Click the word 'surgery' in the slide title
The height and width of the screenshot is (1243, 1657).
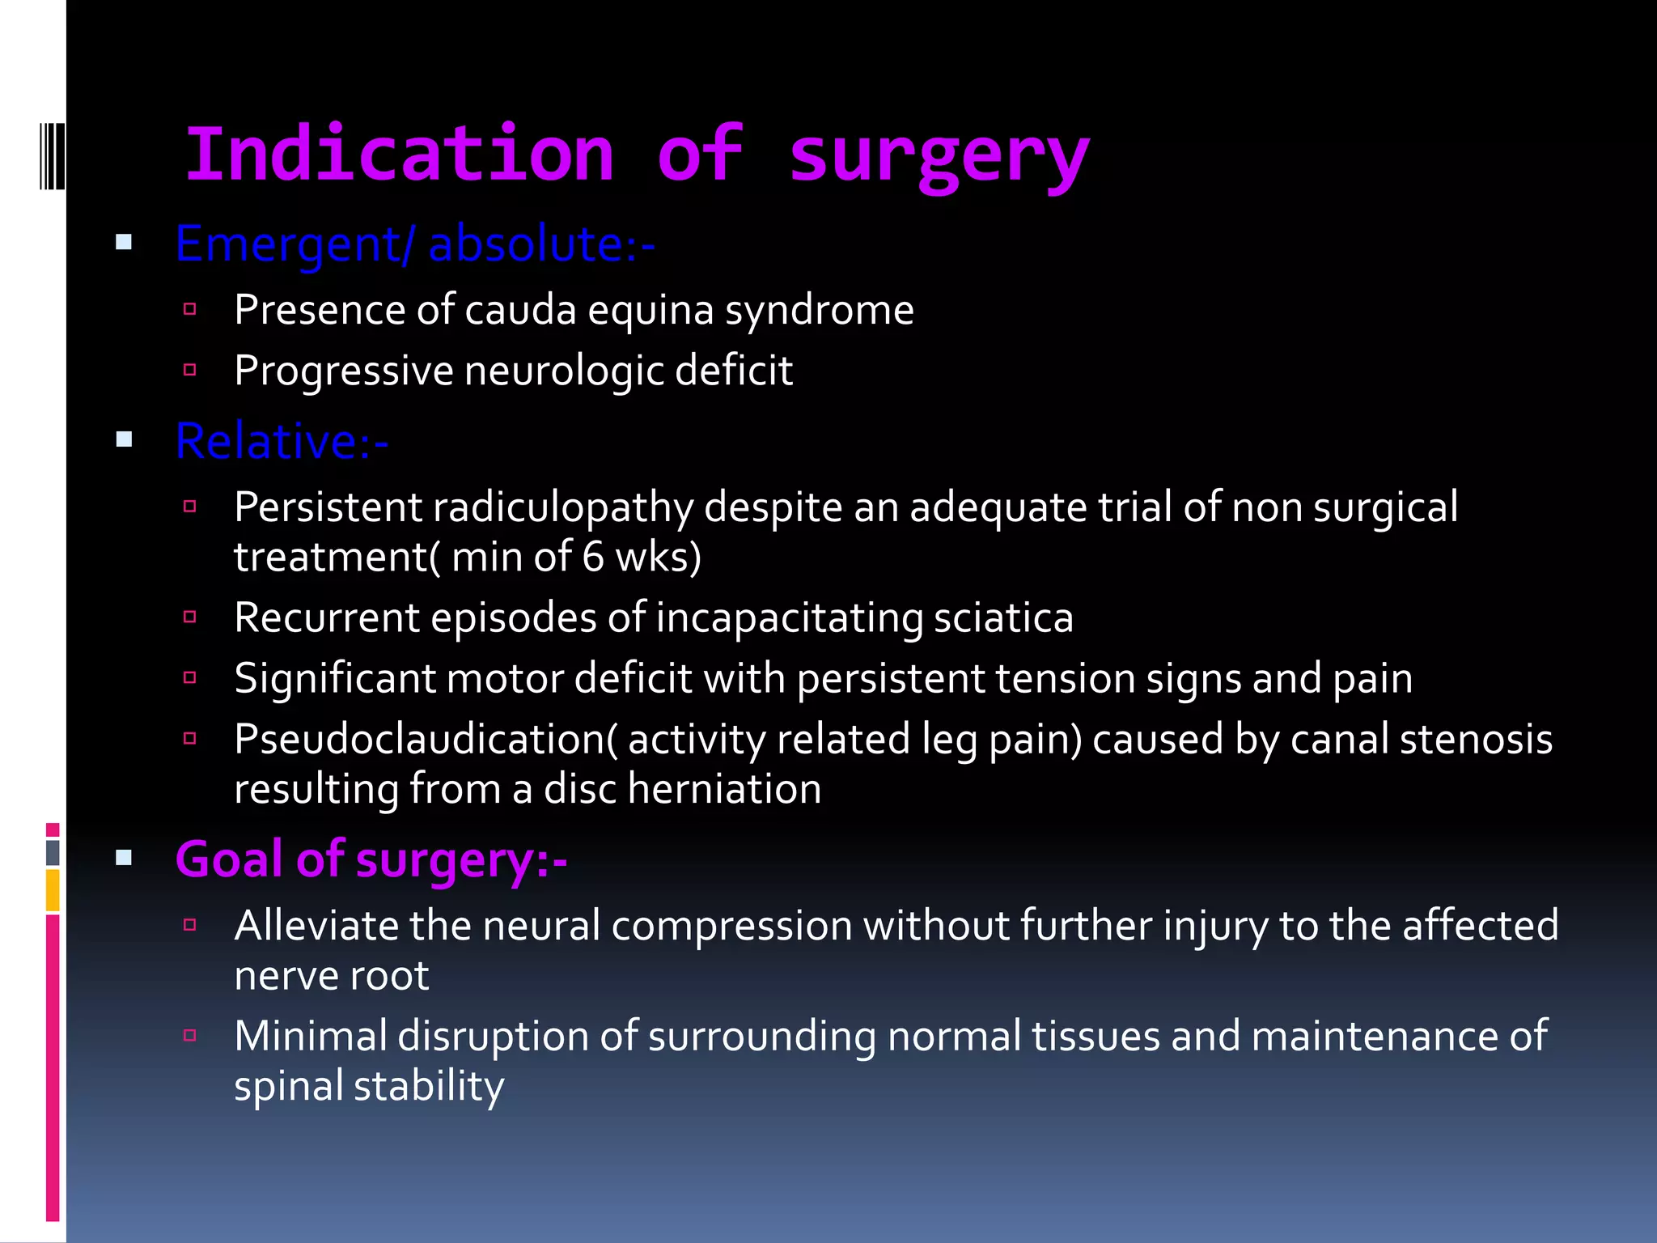pyautogui.click(x=939, y=158)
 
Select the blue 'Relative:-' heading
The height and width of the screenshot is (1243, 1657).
pyautogui.click(x=282, y=442)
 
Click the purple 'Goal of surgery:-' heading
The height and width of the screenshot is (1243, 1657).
pyautogui.click(x=371, y=859)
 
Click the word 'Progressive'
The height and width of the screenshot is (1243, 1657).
pyautogui.click(x=344, y=371)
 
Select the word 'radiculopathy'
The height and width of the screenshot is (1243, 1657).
pyautogui.click(x=563, y=508)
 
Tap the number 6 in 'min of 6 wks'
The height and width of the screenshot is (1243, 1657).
pyautogui.click(x=593, y=558)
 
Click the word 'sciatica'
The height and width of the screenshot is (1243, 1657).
pyautogui.click(x=1003, y=618)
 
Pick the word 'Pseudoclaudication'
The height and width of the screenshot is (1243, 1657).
pyautogui.click(x=420, y=740)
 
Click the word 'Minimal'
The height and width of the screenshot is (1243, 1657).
pyautogui.click(x=311, y=1037)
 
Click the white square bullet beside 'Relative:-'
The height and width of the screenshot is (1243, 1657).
pyautogui.click(x=124, y=439)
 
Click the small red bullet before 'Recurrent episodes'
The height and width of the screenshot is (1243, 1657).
pyautogui.click(x=190, y=617)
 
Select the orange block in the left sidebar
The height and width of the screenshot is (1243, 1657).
pyautogui.click(x=53, y=889)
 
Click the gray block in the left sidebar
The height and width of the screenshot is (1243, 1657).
pyautogui.click(x=53, y=852)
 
